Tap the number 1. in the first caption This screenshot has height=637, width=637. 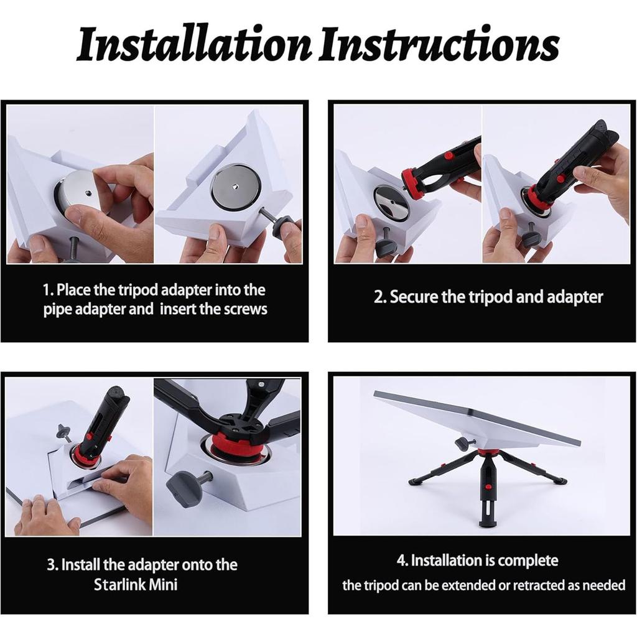click(49, 290)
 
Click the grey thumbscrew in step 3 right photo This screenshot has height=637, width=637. click(184, 489)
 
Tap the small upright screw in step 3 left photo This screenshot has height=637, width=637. click(63, 431)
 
